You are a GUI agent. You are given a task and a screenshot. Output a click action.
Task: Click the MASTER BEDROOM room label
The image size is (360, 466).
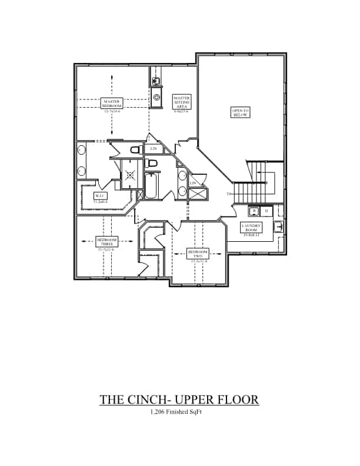(112, 103)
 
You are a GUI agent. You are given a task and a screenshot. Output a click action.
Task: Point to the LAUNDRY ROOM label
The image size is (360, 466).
(254, 227)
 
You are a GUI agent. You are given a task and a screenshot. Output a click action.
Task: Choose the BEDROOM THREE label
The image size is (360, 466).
(107, 241)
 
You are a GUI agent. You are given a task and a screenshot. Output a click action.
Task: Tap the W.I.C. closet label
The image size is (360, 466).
(100, 196)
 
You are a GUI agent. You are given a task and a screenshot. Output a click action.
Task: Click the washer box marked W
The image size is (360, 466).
(255, 211)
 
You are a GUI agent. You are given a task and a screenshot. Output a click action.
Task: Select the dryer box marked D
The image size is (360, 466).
(266, 211)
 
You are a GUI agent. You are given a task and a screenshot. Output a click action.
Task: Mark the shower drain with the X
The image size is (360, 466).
(130, 175)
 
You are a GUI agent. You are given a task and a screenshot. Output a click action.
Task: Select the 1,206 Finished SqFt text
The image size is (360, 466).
(179, 413)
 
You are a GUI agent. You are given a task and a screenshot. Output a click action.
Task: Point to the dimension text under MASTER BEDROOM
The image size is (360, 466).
(112, 111)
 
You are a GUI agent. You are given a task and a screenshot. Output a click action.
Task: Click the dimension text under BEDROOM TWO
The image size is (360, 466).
(197, 261)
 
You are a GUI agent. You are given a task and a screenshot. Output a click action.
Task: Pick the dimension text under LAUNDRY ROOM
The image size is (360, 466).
(254, 234)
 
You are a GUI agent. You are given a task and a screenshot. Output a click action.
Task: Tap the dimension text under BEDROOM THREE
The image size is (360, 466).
(107, 249)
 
